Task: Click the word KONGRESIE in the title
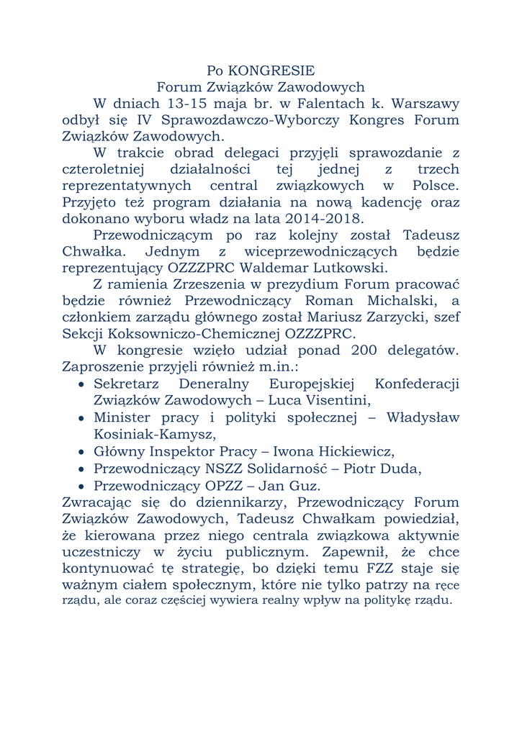pos(271,71)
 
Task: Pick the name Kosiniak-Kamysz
pos(155,434)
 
